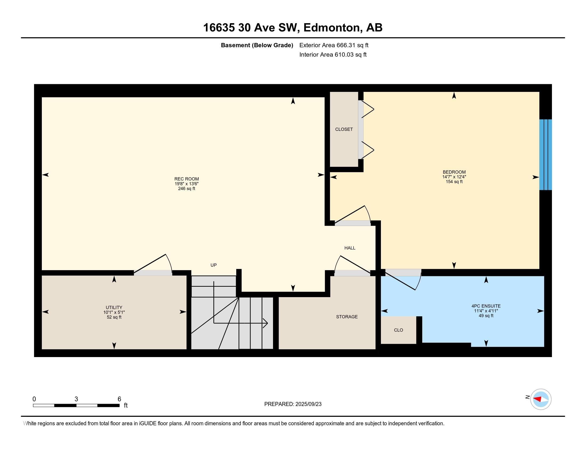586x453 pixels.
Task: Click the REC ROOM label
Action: [x=186, y=179]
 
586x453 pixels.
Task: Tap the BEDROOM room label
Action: [x=454, y=172]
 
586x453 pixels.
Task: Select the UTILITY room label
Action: [x=114, y=308]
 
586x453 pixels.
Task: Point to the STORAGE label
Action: [x=347, y=317]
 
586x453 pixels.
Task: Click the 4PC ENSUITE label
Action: [x=486, y=306]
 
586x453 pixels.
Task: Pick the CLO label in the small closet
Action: [x=398, y=330]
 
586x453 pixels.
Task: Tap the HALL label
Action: [x=350, y=248]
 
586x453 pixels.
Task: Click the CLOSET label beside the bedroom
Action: [x=344, y=129]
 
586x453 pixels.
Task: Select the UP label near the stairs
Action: [x=214, y=265]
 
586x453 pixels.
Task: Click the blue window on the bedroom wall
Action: [x=546, y=155]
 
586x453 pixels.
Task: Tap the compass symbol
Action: [x=541, y=399]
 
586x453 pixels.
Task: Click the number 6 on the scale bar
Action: [x=119, y=399]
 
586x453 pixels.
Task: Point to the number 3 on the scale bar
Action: [x=76, y=399]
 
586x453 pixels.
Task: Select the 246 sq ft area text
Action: [x=186, y=189]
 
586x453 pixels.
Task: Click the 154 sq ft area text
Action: [x=454, y=182]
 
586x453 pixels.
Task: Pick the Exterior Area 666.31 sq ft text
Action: [x=334, y=45]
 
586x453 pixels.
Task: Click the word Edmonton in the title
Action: [x=332, y=28]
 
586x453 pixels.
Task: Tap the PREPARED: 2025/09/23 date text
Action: [x=293, y=404]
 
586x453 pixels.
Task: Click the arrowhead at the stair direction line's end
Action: [x=265, y=323]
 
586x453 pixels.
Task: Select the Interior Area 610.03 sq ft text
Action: [x=333, y=55]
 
